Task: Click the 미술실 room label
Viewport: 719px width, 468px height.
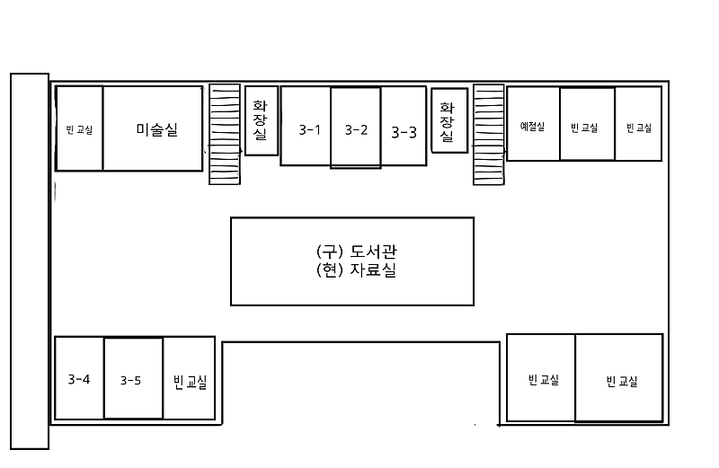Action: (156, 129)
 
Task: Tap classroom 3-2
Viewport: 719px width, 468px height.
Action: (356, 130)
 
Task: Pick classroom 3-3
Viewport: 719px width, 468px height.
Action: (404, 132)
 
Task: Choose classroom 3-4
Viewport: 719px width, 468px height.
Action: (79, 379)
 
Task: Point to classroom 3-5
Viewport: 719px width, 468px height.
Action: (131, 380)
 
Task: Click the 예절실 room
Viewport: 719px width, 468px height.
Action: (533, 127)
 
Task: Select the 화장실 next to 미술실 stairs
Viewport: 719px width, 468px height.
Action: (261, 120)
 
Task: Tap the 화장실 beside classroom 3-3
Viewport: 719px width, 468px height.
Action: (448, 120)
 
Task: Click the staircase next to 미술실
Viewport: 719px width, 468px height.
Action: (225, 135)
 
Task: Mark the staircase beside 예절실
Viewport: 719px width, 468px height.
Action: (488, 135)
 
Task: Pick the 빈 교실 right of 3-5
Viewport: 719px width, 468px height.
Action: (190, 382)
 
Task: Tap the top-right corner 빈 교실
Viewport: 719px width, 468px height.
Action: (639, 128)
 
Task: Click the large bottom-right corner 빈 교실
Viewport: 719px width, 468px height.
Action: (621, 381)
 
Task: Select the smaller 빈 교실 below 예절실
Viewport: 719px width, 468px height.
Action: (542, 379)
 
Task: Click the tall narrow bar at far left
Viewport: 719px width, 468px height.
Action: (29, 260)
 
